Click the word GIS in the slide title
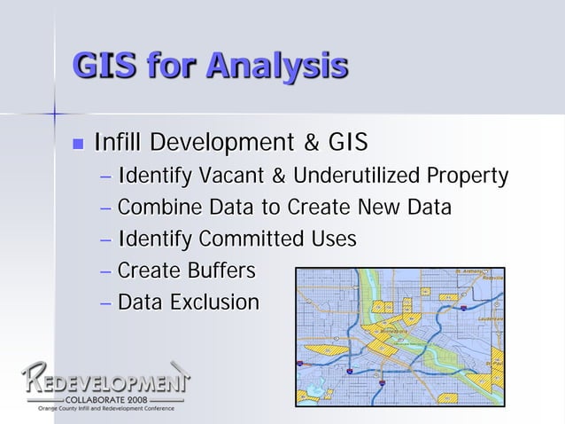(x=104, y=66)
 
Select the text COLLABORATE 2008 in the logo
(x=103, y=400)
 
